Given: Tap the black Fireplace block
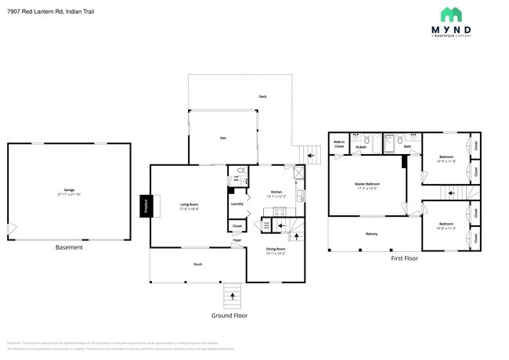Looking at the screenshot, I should pyautogui.click(x=145, y=205).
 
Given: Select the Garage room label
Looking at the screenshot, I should pyautogui.click(x=69, y=191).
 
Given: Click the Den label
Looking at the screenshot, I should pyautogui.click(x=222, y=139).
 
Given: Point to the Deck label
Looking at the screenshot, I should pyautogui.click(x=263, y=96).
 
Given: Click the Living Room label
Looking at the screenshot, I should pyautogui.click(x=189, y=206).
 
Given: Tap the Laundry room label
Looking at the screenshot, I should pyautogui.click(x=236, y=204).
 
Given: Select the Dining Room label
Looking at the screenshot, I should pyautogui.click(x=275, y=250).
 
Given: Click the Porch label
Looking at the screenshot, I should pyautogui.click(x=198, y=265).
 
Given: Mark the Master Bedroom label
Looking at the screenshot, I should pyautogui.click(x=366, y=185).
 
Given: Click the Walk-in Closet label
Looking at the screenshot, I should pyautogui.click(x=339, y=145).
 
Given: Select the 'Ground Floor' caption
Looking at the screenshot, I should pyautogui.click(x=229, y=315).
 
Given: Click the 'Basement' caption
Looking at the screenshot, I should pyautogui.click(x=69, y=247).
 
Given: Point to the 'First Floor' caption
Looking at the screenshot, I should pyautogui.click(x=404, y=258).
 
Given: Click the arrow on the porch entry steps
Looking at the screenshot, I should pyautogui.click(x=231, y=295).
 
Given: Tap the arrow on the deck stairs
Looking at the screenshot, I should pyautogui.click(x=311, y=155).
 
